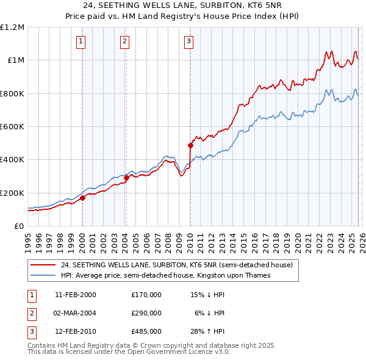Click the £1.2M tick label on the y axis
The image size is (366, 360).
[13, 27]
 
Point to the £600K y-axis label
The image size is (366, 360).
[12, 126]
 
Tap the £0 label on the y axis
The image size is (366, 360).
[18, 226]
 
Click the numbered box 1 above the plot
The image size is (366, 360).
[81, 41]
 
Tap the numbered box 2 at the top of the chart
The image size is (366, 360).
[124, 41]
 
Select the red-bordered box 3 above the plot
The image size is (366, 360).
[188, 41]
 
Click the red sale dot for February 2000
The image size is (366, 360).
[82, 198]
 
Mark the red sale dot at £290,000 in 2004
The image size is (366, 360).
[126, 178]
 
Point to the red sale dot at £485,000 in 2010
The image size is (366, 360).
[190, 145]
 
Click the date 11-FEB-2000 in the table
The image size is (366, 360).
[76, 294]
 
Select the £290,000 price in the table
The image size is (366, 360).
[146, 313]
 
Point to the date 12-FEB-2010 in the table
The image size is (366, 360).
[76, 332]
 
